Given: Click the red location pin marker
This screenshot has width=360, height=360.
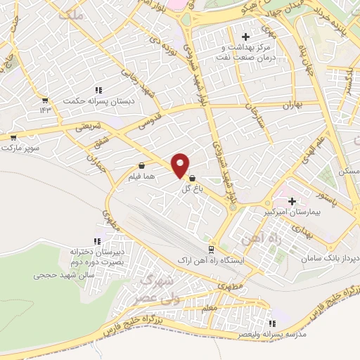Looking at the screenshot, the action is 180,166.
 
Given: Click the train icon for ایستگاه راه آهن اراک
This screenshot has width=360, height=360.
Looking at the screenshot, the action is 210,250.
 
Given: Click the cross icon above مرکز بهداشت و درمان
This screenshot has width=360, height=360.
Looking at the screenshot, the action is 245,37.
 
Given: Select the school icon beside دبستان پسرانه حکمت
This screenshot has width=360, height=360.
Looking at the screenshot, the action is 98,90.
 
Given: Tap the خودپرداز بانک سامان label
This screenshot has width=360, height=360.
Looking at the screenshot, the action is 330,259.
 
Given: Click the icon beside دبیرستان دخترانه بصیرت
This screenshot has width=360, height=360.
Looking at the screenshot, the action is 133,250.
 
